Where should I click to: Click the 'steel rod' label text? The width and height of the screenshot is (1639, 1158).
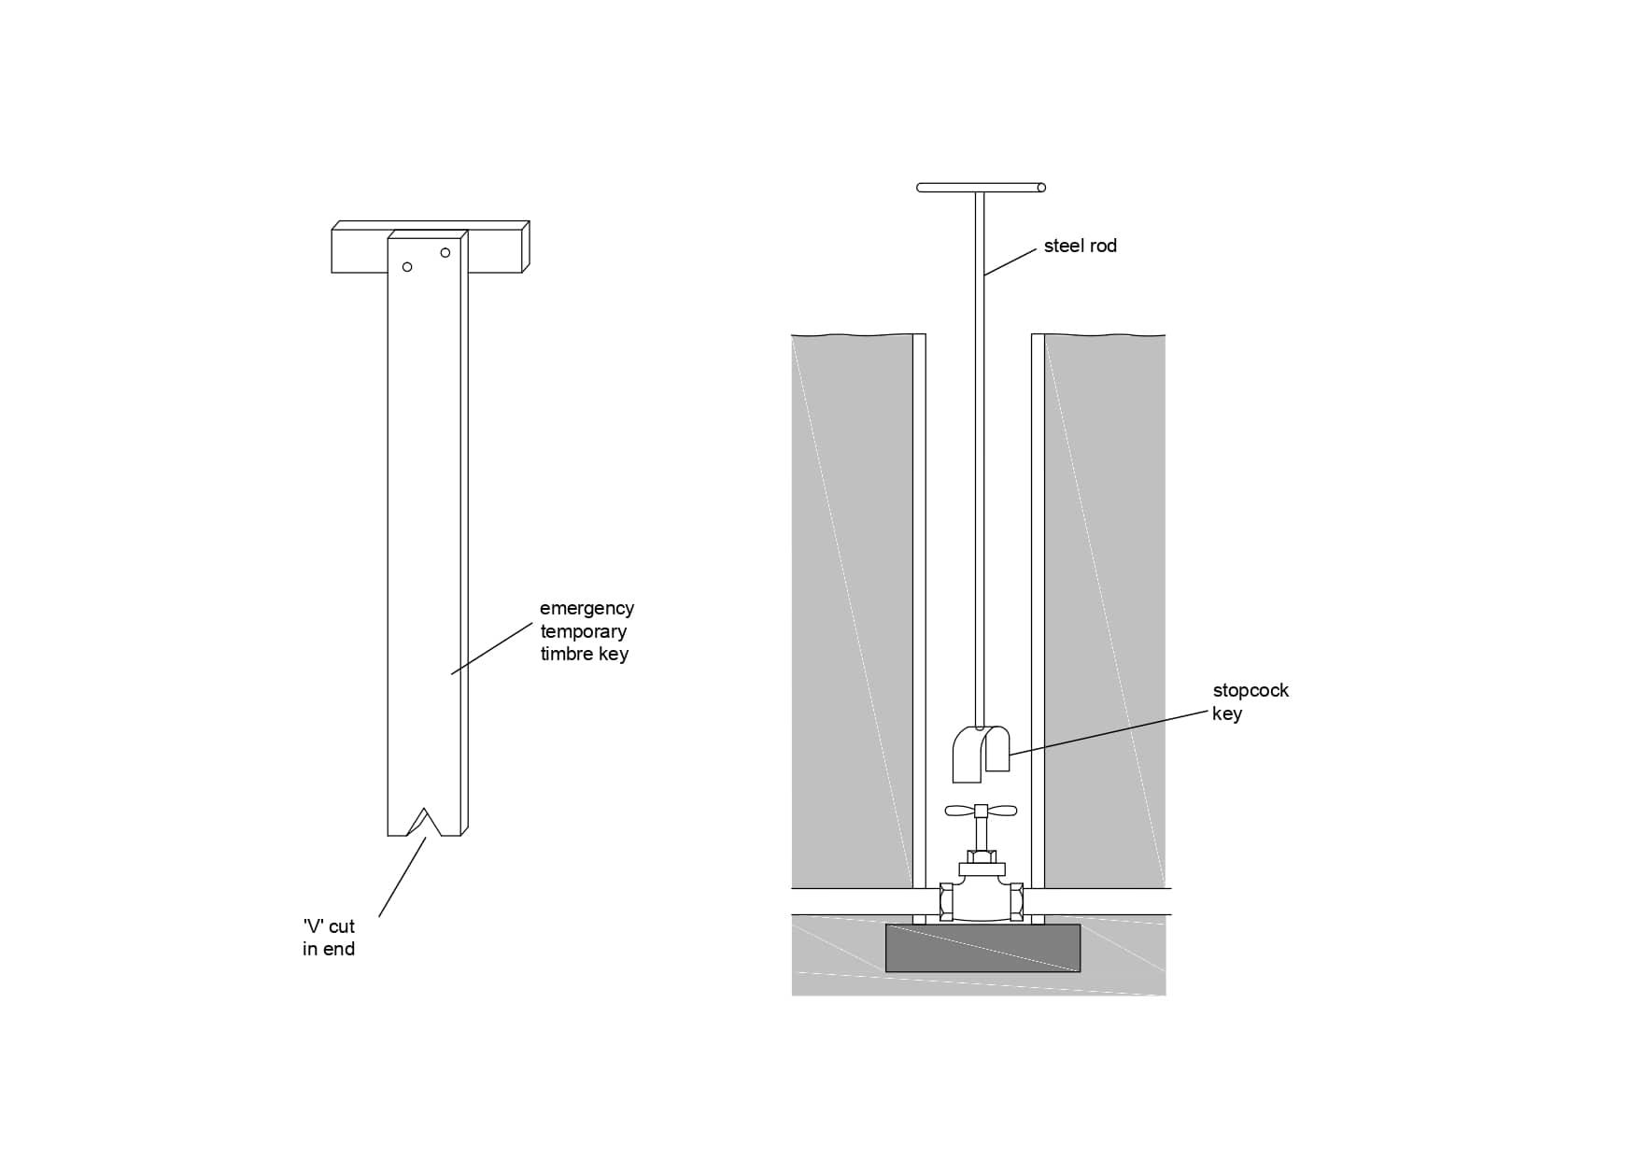[1081, 246]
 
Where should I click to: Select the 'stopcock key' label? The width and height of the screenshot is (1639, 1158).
[1250, 701]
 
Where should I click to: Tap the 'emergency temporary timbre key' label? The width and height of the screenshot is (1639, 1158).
[586, 631]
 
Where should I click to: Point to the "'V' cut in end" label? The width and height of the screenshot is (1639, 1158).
[329, 938]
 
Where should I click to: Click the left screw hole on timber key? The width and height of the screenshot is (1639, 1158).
[407, 267]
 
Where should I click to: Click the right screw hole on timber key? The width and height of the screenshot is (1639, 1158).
[445, 253]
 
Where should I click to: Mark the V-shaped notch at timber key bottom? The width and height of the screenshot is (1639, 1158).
[425, 822]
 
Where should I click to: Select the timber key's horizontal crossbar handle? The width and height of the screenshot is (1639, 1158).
[431, 247]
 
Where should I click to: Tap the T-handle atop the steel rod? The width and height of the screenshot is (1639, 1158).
[982, 188]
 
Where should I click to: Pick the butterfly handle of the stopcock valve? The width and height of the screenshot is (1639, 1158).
[981, 811]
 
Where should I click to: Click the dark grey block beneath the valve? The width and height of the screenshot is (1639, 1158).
[982, 948]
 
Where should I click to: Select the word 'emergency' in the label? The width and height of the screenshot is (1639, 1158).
[586, 609]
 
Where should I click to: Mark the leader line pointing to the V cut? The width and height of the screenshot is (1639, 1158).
[403, 876]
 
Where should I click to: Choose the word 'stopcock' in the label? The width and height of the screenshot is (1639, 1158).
[1250, 691]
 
